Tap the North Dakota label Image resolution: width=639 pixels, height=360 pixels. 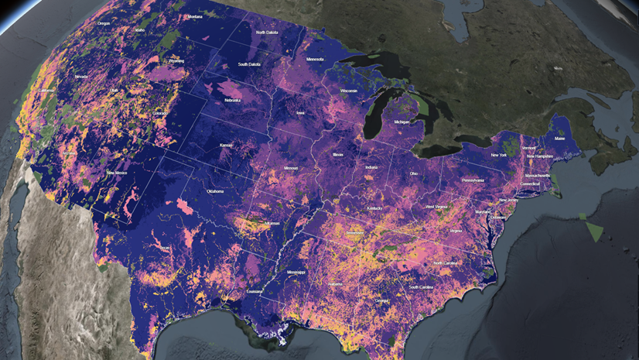point(268,33)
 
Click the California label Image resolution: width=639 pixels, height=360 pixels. point(46,90)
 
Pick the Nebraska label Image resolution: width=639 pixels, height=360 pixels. point(233,100)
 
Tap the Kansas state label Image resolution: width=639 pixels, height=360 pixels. point(227,145)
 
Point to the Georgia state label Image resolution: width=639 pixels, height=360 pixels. point(382,300)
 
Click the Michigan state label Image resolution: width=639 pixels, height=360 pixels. point(402,122)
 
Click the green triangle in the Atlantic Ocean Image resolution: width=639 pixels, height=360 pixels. point(595,230)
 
